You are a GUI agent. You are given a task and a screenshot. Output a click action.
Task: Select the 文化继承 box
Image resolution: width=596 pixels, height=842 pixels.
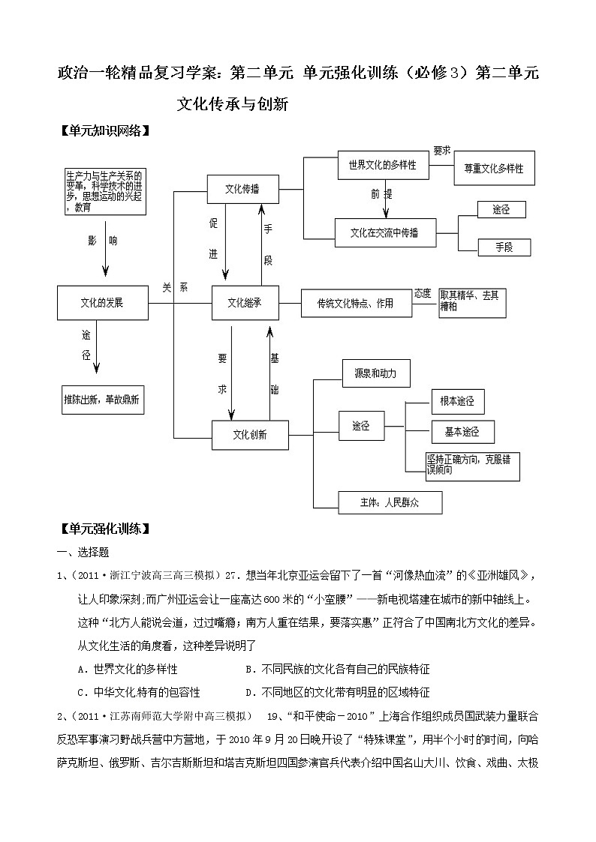click(245, 303)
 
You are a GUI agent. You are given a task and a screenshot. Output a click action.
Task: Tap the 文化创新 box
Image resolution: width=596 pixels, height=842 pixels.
click(250, 434)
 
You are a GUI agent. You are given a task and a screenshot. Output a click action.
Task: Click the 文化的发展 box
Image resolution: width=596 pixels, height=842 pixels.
click(102, 303)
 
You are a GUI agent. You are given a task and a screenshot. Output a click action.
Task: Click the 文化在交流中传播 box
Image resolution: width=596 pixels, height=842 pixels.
click(384, 232)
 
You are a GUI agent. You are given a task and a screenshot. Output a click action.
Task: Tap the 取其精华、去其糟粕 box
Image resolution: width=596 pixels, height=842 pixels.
click(473, 301)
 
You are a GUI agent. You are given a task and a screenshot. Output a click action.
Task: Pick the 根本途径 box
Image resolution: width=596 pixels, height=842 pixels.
click(457, 401)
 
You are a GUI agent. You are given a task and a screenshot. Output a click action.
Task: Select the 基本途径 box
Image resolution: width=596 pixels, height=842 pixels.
click(458, 432)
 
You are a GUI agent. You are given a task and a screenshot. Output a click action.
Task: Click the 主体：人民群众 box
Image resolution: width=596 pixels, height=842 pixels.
click(390, 502)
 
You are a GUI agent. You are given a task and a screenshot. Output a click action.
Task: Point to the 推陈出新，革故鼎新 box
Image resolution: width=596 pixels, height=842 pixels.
click(103, 400)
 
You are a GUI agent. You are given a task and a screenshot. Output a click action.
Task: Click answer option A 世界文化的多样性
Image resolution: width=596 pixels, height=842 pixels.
click(128, 668)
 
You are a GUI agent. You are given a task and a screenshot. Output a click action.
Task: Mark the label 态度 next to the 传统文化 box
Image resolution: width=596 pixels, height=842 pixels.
click(423, 293)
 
